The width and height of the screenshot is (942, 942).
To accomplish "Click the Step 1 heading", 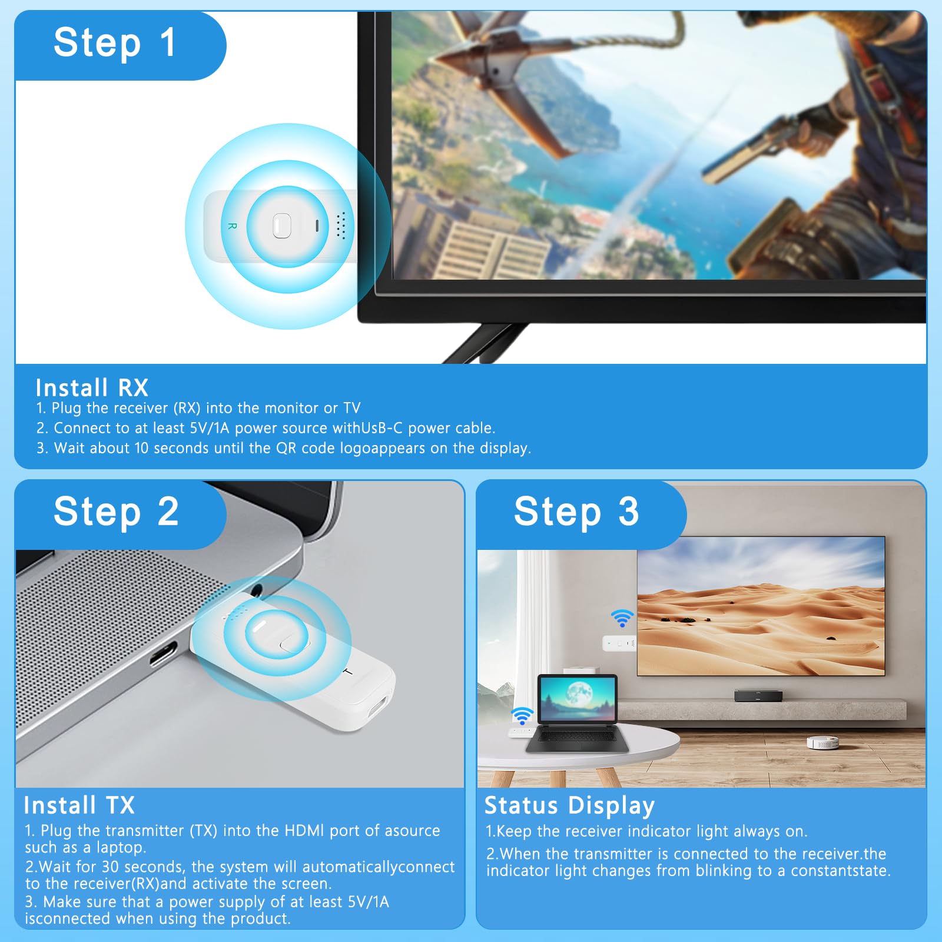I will (x=115, y=43).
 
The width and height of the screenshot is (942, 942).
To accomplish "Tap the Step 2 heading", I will (x=116, y=512).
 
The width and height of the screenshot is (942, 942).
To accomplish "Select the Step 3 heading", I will (x=576, y=512).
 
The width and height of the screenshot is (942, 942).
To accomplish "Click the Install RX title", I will (x=92, y=388).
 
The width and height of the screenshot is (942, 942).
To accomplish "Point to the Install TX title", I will (x=79, y=805).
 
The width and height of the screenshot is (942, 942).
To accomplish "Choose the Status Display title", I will (x=569, y=805).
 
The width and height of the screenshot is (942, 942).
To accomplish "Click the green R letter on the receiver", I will (x=232, y=226).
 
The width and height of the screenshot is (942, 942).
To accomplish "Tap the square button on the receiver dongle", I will (x=282, y=225).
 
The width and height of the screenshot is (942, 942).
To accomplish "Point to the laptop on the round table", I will (x=578, y=715).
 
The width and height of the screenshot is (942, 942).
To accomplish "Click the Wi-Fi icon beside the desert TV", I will (x=622, y=618).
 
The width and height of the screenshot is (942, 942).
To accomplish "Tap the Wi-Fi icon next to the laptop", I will (x=522, y=716).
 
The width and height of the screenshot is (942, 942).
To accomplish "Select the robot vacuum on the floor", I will (x=822, y=742).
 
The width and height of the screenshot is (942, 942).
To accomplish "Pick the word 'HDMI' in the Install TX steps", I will (x=304, y=831).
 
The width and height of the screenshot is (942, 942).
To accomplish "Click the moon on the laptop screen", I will (x=579, y=691).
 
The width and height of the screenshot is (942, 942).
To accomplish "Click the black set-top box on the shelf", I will (x=758, y=696).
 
